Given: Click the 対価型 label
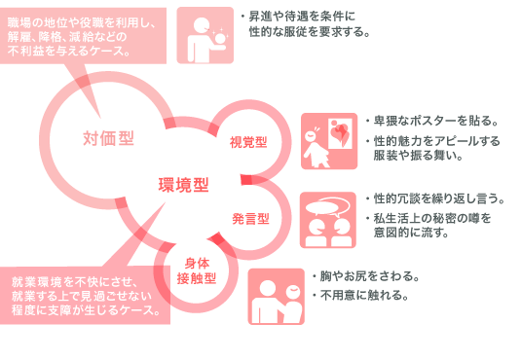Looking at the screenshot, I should tap(108, 136).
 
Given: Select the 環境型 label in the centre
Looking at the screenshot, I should tap(184, 182).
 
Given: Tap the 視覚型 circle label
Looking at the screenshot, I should tap(248, 142).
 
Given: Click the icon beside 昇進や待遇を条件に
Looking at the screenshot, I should tap(205, 33).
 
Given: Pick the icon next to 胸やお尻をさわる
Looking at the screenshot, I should tap(276, 294).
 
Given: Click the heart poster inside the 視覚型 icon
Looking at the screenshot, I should tap(340, 133).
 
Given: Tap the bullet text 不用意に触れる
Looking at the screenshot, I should tap(362, 294).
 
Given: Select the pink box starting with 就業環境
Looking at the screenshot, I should tap(86, 292).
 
